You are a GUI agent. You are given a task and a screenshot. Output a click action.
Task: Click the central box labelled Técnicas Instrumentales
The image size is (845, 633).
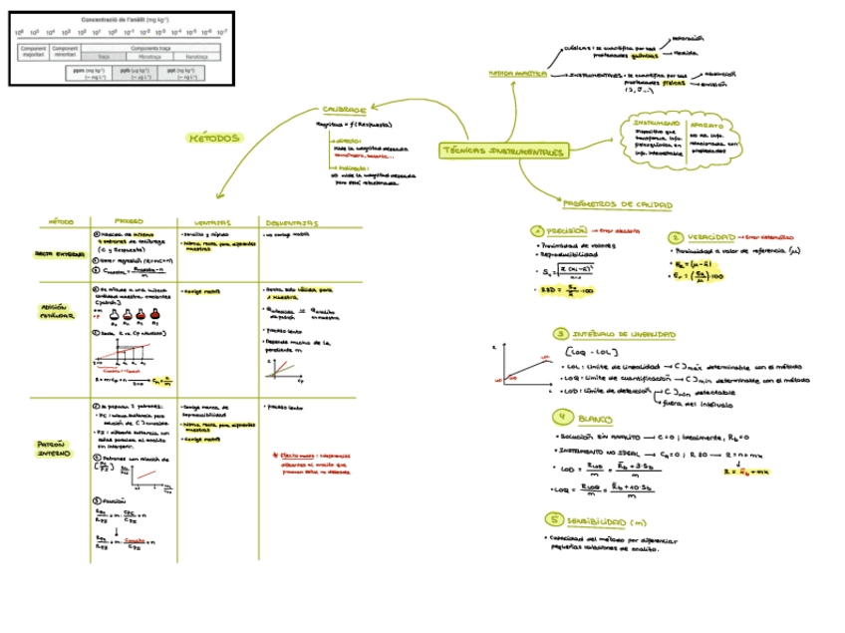[502, 152]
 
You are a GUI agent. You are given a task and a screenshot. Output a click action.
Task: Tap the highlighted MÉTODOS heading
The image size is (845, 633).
[213, 139]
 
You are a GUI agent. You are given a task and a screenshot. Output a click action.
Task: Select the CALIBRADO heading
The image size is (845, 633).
[344, 110]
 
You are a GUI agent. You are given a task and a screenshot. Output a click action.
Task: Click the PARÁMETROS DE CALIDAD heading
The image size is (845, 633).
[617, 204]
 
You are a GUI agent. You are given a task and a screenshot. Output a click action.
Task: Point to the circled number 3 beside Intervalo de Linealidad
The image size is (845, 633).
[561, 334]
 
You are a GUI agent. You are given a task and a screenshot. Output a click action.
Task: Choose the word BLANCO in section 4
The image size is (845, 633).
[595, 417]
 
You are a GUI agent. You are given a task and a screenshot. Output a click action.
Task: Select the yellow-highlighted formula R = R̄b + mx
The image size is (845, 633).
[741, 474]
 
